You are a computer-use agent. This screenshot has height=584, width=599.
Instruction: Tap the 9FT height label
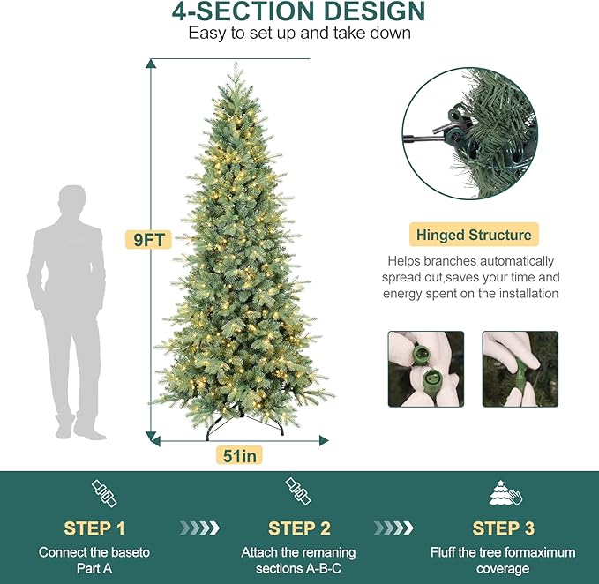click(x=146, y=238)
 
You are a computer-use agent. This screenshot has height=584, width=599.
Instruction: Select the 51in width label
click(x=239, y=455)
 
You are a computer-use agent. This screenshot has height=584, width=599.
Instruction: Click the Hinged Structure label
click(x=474, y=235)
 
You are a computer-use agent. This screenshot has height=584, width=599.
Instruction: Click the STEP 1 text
click(x=94, y=528)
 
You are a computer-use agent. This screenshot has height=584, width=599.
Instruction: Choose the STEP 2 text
click(x=298, y=528)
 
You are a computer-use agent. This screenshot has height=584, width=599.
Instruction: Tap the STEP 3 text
click(x=503, y=528)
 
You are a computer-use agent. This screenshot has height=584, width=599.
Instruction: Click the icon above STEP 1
click(x=104, y=493)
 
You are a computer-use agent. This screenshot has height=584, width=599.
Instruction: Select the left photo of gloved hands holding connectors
click(x=426, y=369)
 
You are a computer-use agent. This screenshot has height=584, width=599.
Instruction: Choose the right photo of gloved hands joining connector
click(x=520, y=369)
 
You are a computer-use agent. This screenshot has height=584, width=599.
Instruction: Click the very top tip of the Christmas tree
click(x=239, y=63)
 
